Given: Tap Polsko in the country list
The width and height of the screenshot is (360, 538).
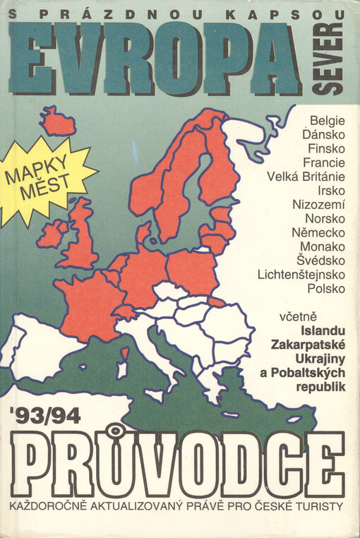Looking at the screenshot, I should (x=322, y=288).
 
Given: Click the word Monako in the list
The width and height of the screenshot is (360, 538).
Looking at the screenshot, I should (x=322, y=246).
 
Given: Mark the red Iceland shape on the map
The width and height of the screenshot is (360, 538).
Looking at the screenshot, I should (x=57, y=122).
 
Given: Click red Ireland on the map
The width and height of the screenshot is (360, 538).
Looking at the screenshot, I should (x=53, y=232).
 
